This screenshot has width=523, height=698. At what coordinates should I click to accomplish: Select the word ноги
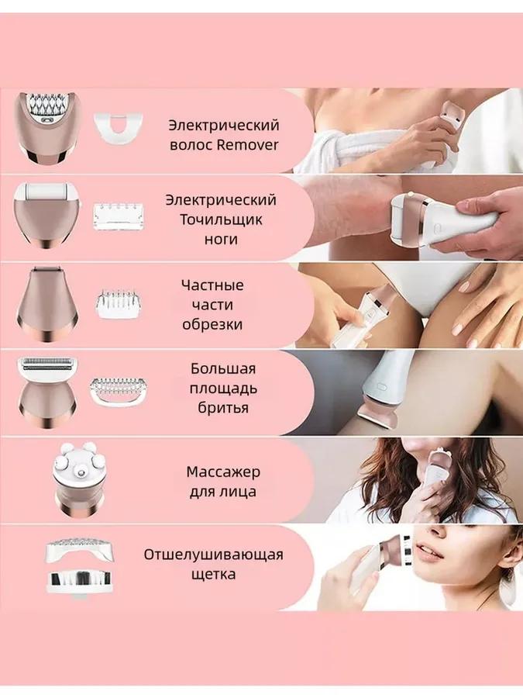(x=222, y=240)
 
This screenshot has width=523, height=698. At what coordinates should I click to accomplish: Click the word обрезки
(x=212, y=324)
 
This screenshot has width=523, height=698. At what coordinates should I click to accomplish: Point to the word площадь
(x=223, y=388)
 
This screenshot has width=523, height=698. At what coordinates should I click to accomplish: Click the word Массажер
(x=223, y=472)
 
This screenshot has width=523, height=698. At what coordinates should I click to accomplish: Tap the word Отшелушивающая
(x=213, y=555)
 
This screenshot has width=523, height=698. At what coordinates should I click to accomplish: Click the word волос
(x=190, y=144)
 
